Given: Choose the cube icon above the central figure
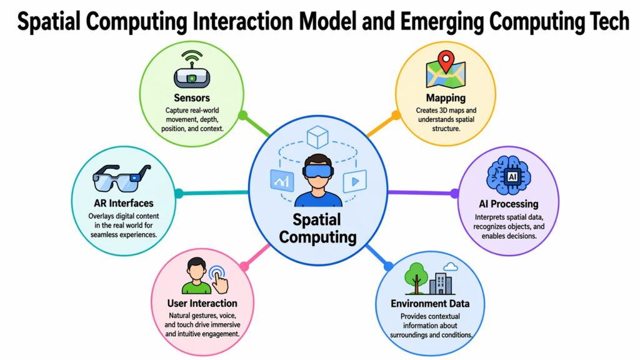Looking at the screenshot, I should pos(319,137).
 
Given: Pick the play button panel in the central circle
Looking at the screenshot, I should pos(354,181).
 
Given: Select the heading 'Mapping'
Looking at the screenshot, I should pos(446,97).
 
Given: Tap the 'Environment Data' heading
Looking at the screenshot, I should pos(430,304).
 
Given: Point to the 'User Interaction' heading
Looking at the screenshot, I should pos(202,303).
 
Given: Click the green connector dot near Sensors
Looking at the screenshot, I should pos(243,116).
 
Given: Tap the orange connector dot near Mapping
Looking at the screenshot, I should pos(395,115).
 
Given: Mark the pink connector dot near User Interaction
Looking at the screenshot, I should pos(244,267).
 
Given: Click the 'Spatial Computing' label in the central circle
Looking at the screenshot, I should pos(318,228).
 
